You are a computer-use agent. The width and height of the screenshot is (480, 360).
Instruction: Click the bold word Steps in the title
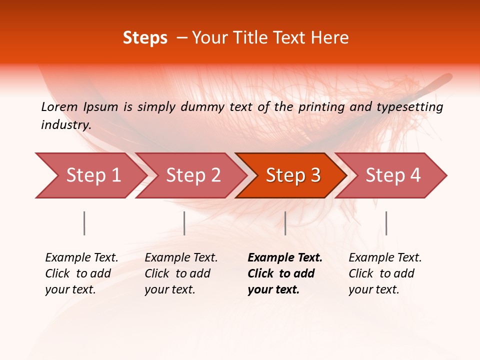click(x=145, y=38)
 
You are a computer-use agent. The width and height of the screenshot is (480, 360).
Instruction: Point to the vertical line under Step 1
click(x=84, y=223)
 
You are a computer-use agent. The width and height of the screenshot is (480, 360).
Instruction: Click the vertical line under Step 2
click(x=184, y=223)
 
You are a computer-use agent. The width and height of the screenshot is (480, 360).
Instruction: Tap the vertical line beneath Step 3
click(x=285, y=223)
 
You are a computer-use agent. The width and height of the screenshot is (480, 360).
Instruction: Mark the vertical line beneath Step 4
click(x=386, y=223)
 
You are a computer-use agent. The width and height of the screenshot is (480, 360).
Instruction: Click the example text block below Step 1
click(x=81, y=273)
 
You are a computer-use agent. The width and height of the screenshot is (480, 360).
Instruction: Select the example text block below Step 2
click(x=181, y=273)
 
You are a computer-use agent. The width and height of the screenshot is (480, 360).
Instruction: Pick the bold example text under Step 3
click(x=284, y=273)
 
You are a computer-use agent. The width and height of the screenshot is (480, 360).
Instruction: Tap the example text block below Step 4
click(x=385, y=273)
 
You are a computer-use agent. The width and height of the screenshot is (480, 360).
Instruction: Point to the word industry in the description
click(x=65, y=125)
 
